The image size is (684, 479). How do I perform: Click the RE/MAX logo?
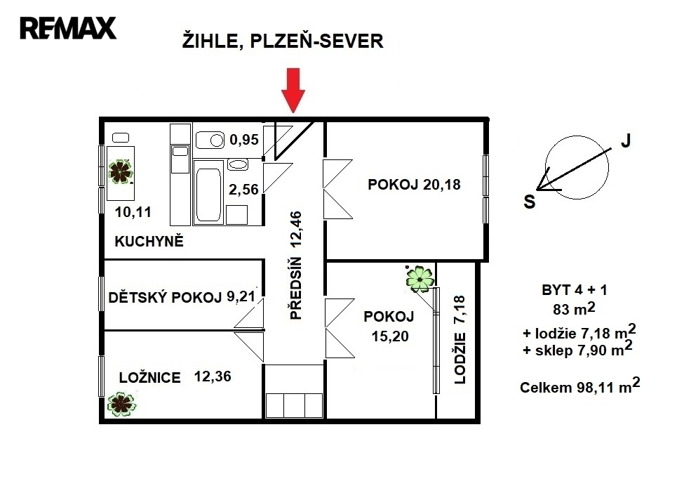point(68,28)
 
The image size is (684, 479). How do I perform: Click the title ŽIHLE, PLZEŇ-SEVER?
point(283,41)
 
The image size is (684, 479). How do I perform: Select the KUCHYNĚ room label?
point(149,241)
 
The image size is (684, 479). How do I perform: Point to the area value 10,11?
point(133,212)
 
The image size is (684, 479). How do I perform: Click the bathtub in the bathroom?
point(208,192)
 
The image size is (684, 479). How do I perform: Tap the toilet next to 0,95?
point(210,140)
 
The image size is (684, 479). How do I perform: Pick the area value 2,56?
point(244,189)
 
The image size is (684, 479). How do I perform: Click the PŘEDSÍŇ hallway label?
point(296,289)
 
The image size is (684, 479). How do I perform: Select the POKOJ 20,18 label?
point(414,184)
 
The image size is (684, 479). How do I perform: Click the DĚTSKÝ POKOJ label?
point(165,297)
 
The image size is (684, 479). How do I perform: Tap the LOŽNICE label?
point(149,377)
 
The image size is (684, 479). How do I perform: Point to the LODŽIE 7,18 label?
point(460,340)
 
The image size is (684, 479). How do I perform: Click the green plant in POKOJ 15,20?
point(420,279)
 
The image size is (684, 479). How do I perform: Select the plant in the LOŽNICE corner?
point(121,404)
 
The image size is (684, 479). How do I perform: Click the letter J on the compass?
point(626,140)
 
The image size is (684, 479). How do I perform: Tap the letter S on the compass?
point(530,202)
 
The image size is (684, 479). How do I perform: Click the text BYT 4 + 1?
point(575,289)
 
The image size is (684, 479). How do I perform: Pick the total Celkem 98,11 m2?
point(579,386)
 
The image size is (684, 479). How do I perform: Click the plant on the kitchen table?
point(121,171)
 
